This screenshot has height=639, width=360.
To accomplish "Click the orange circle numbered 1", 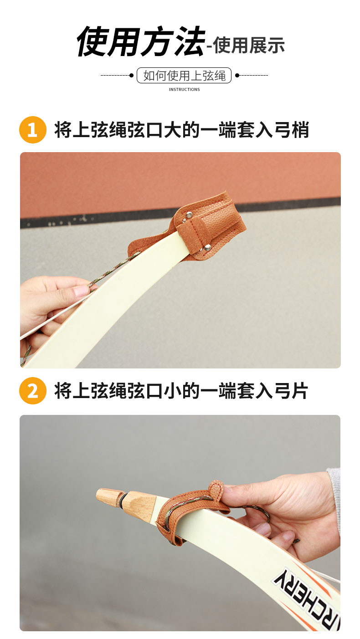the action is [32, 130].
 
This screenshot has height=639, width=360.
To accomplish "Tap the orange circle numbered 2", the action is [32, 390].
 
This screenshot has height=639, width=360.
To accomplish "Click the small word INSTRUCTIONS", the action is [184, 89].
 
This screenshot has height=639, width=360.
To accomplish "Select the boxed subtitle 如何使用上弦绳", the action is [184, 76].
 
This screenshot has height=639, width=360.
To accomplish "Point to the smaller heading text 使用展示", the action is [249, 46].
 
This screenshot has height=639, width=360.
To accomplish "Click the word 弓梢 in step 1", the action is [291, 130].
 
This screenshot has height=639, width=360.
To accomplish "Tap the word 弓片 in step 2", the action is [291, 391].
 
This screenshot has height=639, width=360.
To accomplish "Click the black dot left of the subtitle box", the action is [131, 75].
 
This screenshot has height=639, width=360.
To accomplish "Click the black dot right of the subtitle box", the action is [237, 75].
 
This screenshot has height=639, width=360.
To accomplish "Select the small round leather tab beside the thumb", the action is [216, 488].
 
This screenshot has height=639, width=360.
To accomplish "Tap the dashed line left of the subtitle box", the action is [115, 75].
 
